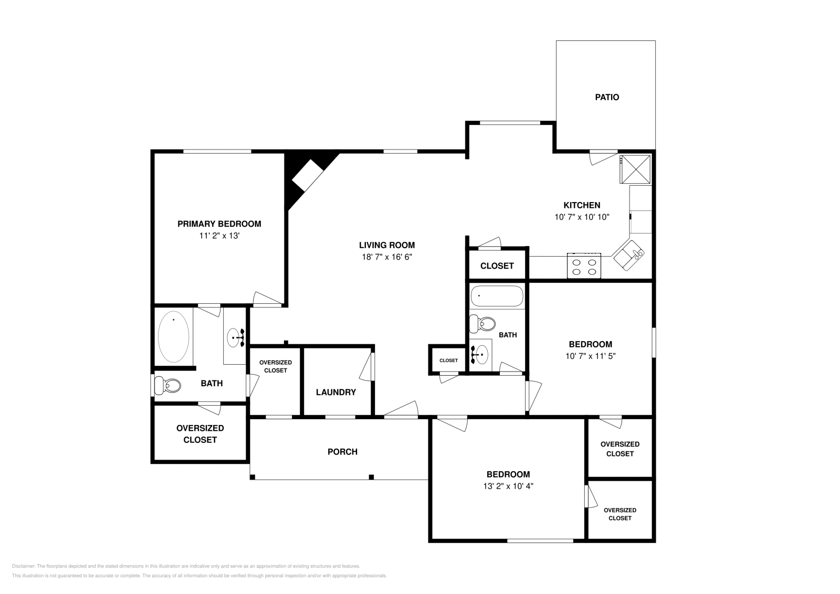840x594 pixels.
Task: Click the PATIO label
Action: tap(606, 97)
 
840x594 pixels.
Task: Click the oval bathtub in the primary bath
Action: tap(173, 337)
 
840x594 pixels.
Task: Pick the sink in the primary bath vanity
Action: tap(235, 336)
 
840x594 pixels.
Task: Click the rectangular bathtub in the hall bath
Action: tap(497, 296)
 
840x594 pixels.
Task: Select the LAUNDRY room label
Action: tap(336, 392)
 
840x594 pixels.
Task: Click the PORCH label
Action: tap(342, 451)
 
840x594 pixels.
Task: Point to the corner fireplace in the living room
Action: tap(308, 175)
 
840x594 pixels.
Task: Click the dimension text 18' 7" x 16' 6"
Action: tap(386, 257)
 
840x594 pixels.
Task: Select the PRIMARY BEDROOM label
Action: tap(219, 224)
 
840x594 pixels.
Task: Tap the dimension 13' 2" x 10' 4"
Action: tap(508, 486)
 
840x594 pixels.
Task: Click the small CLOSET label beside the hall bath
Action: tap(448, 360)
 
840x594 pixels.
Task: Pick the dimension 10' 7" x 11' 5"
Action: tap(590, 356)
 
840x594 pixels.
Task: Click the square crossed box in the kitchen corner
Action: tap(636, 168)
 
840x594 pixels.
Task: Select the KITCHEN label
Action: tap(582, 205)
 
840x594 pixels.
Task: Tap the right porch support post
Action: tap(371, 477)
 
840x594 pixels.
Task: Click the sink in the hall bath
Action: tap(480, 355)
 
